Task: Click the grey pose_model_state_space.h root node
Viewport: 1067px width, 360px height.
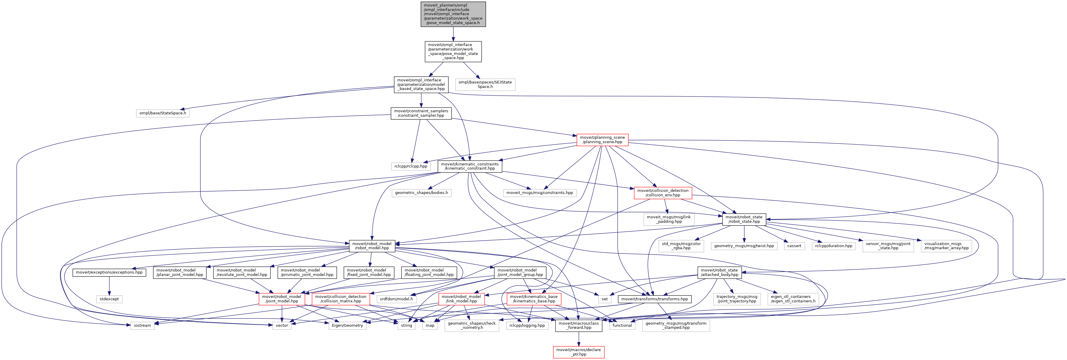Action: click(453, 14)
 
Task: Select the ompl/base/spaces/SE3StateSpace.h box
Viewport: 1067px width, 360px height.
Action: click(485, 85)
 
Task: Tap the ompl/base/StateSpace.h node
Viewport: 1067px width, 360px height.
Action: click(163, 113)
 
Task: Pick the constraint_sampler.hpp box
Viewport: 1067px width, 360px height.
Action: click(421, 113)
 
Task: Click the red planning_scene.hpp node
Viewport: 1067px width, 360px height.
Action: click(602, 140)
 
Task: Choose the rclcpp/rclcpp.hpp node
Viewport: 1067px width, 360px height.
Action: click(411, 166)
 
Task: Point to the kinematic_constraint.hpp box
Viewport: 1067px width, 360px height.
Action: click(470, 166)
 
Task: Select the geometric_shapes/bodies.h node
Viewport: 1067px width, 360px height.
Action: click(421, 193)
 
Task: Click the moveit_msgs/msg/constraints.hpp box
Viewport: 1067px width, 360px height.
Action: click(539, 193)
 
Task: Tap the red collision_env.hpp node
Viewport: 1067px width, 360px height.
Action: click(663, 193)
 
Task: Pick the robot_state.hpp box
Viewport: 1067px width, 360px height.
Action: click(744, 219)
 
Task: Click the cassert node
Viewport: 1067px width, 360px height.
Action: click(794, 246)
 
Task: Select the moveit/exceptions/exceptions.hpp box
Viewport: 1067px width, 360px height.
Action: click(109, 272)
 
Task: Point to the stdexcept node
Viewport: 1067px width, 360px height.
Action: click(109, 299)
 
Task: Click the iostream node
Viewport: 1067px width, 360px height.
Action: click(143, 325)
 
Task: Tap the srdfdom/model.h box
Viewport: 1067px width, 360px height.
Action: click(396, 299)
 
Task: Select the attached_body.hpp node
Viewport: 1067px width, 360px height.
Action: click(719, 272)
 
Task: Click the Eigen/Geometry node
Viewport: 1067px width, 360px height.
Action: click(347, 325)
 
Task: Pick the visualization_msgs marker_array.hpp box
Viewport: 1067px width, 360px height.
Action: click(946, 246)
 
